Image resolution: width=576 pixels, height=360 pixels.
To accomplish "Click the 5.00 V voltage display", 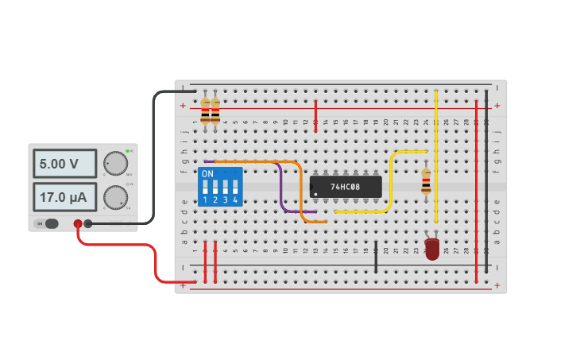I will (64, 164).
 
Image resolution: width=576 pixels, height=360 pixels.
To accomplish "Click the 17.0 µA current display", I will (64, 196).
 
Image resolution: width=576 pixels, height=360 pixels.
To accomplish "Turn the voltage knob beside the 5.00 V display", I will (116, 163).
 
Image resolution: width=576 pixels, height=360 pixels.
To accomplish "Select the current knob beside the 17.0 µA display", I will (116, 196).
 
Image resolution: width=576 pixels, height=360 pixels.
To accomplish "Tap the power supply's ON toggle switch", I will (51, 223).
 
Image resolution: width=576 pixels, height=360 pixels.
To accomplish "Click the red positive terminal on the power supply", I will (78, 224).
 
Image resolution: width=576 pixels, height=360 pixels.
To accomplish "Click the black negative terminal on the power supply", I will (88, 224).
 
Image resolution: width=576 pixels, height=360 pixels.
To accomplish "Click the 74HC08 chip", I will (346, 187).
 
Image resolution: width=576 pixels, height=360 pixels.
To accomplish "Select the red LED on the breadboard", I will (431, 249).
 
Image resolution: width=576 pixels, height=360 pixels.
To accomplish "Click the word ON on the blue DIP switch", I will (207, 173).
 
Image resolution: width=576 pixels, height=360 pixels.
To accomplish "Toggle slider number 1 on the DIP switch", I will (206, 188).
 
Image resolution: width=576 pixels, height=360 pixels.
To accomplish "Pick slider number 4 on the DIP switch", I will (235, 188).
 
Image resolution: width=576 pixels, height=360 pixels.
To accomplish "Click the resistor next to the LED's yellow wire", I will (426, 182).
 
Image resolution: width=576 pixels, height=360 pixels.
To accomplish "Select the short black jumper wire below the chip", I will (376, 257).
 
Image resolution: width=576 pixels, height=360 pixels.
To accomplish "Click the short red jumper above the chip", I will (316, 115).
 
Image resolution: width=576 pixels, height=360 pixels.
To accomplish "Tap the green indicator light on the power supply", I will (127, 150).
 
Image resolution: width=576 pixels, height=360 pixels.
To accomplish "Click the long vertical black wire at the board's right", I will (486, 183).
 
